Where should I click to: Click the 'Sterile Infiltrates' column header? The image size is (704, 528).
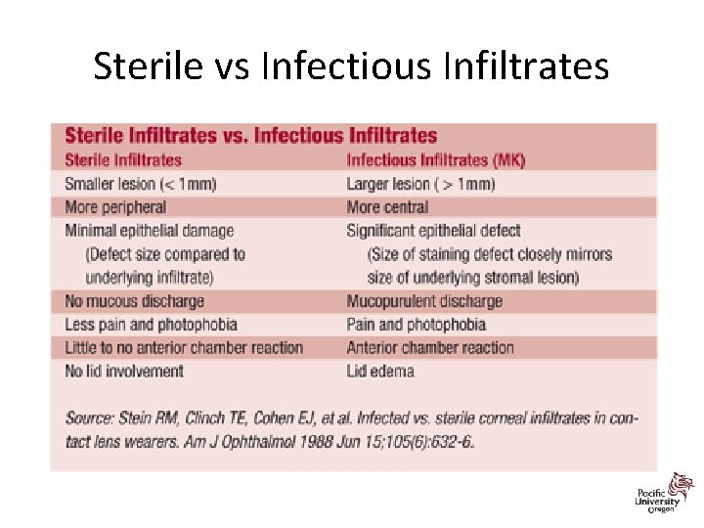pyautogui.click(x=123, y=159)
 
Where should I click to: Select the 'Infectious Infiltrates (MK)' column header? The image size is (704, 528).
pyautogui.click(x=435, y=159)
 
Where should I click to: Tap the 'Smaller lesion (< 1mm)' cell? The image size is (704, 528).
pyautogui.click(x=140, y=184)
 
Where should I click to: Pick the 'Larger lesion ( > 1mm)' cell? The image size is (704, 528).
pyautogui.click(x=420, y=184)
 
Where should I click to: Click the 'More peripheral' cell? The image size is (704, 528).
pyautogui.click(x=115, y=207)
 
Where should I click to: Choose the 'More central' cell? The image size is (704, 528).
pyautogui.click(x=387, y=207)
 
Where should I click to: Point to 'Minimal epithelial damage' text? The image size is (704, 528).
pyautogui.click(x=149, y=231)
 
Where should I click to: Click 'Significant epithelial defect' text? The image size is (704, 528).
pyautogui.click(x=433, y=231)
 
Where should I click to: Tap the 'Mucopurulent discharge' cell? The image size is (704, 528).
pyautogui.click(x=424, y=301)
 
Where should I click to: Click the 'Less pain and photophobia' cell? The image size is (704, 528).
pyautogui.click(x=151, y=325)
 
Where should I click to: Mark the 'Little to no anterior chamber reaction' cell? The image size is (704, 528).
pyautogui.click(x=184, y=347)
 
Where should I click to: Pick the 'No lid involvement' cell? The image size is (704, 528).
pyautogui.click(x=124, y=371)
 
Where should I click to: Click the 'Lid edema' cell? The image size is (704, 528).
pyautogui.click(x=380, y=371)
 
